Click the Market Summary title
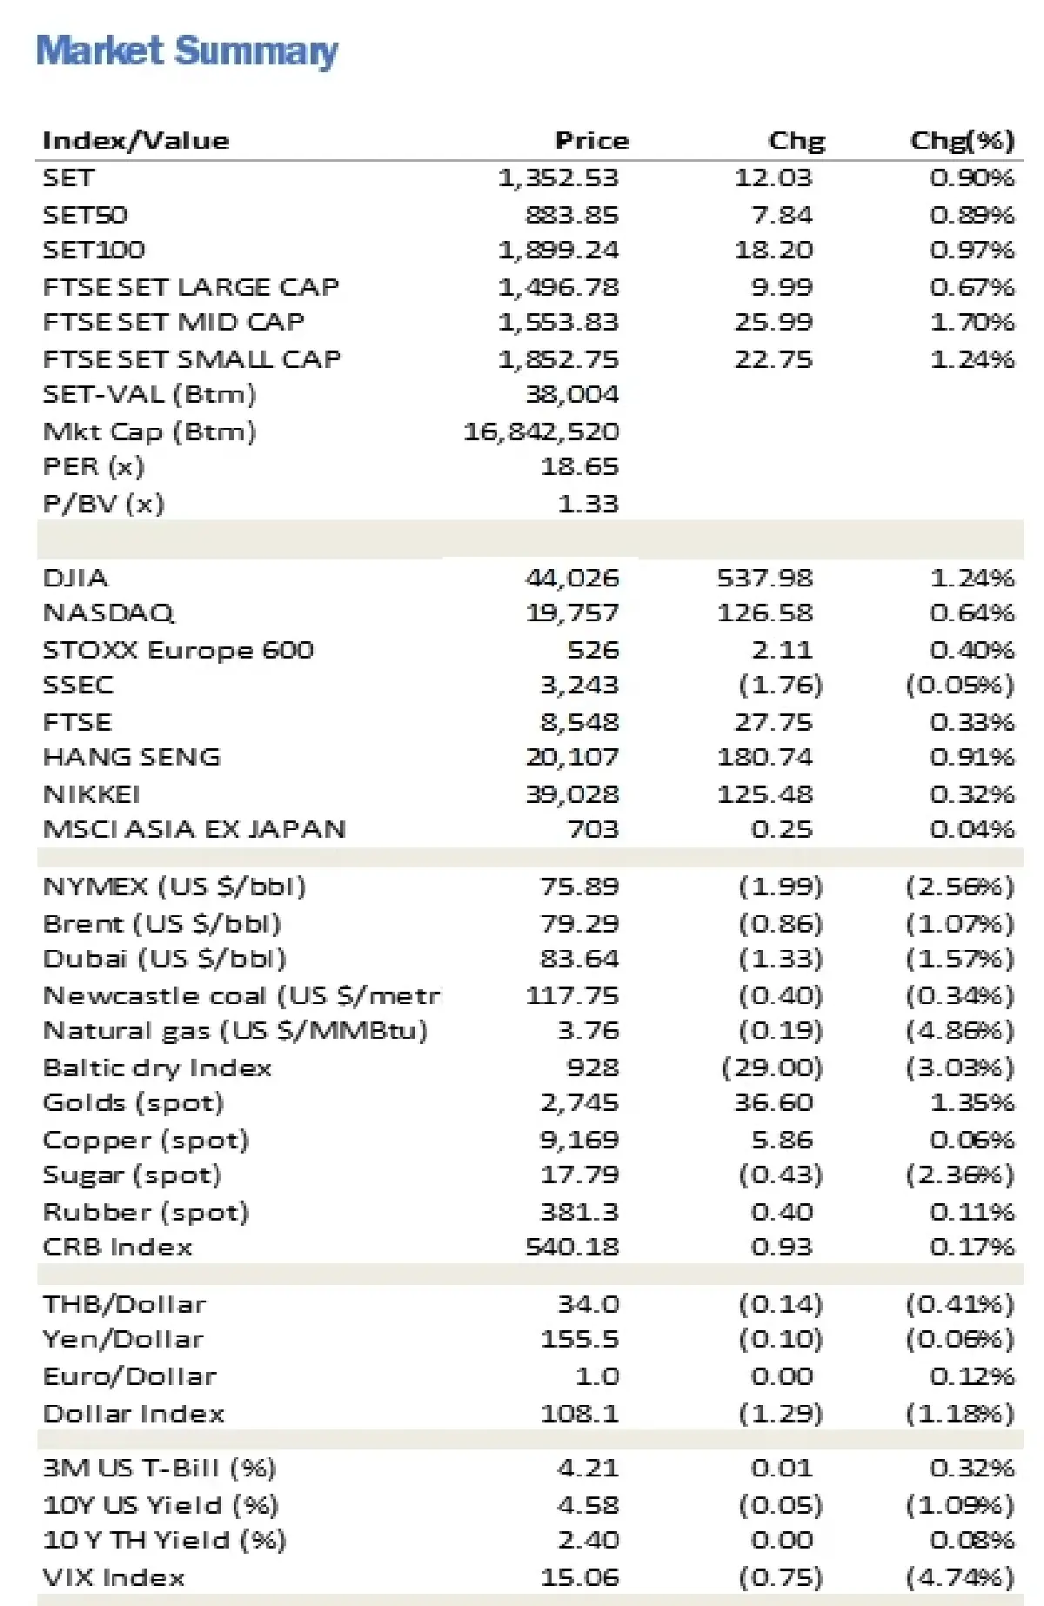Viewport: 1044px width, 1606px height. point(187,51)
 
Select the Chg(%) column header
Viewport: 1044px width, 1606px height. point(962,141)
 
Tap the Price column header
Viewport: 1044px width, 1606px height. point(592,141)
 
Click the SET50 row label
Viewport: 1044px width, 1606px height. point(85,215)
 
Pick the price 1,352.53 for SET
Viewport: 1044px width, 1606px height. point(558,178)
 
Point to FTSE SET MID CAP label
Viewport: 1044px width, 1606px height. point(174,322)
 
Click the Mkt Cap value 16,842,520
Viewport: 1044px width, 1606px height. point(541,432)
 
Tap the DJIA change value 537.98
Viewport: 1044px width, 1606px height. point(765,578)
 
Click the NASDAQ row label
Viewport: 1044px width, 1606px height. point(109,613)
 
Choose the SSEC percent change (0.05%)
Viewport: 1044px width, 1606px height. point(960,686)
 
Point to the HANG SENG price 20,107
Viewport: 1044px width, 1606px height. point(572,758)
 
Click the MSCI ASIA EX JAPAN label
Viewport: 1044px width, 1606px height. point(194,829)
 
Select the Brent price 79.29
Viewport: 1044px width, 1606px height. point(579,924)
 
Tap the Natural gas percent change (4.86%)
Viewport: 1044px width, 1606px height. point(960,1031)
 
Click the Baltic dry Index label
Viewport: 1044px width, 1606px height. point(157,1067)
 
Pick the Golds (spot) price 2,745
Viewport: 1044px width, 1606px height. point(579,1103)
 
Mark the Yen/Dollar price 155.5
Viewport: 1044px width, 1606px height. point(579,1340)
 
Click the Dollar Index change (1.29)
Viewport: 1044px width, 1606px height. point(780,1414)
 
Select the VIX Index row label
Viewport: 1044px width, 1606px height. point(114,1578)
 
